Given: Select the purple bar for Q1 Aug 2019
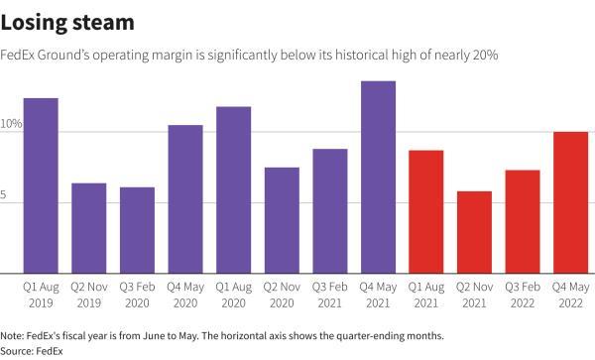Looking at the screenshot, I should coord(41,185).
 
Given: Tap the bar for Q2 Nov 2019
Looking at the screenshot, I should coord(89,228).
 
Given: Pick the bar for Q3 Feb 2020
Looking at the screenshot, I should coord(138,230).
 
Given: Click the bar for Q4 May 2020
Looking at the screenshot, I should coord(185,199).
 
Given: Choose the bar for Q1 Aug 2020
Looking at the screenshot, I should coord(234,189).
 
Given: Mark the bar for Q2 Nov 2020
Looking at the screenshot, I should coord(283,220).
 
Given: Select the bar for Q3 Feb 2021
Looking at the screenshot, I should coord(330,211).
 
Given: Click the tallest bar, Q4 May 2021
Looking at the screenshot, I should coord(379,177).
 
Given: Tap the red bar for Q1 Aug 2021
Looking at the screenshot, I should coord(426,211).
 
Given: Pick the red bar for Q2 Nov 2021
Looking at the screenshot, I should coord(475,232).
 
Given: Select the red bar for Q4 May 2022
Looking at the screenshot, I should coord(571,202).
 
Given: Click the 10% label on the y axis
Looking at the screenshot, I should coord(11,124).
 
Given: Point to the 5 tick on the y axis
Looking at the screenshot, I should coord(5,195).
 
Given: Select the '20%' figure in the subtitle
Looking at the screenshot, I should coord(483,56).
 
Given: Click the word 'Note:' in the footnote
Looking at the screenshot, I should coord(15,335).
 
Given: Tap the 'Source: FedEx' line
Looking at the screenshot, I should coord(33,350).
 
